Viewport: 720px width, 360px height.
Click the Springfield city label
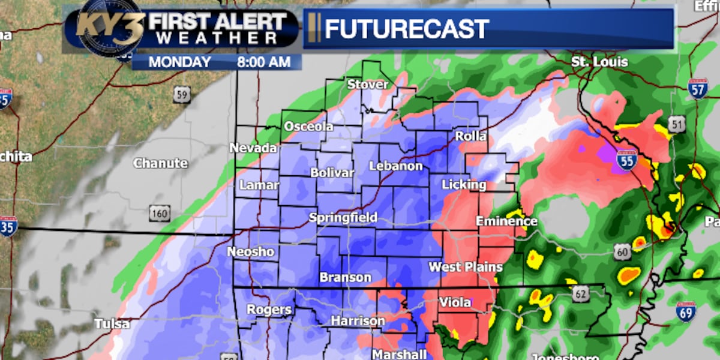pos(343,218)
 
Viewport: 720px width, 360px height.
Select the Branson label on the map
pos(345,277)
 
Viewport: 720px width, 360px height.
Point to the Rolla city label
pos(470,136)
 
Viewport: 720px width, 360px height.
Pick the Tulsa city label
pos(112,324)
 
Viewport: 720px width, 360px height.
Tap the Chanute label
pos(160,163)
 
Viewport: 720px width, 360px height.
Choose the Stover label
pos(368,85)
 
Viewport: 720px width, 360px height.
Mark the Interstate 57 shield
pos(698,88)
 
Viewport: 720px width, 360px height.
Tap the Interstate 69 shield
pos(686,311)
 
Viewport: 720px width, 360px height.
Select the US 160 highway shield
pos(160,213)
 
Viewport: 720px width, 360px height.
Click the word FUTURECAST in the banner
pos(407,28)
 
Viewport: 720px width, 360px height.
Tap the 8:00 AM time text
pos(263,62)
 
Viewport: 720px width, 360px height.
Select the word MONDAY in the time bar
pos(180,62)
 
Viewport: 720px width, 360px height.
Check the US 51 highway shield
pos(676,125)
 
